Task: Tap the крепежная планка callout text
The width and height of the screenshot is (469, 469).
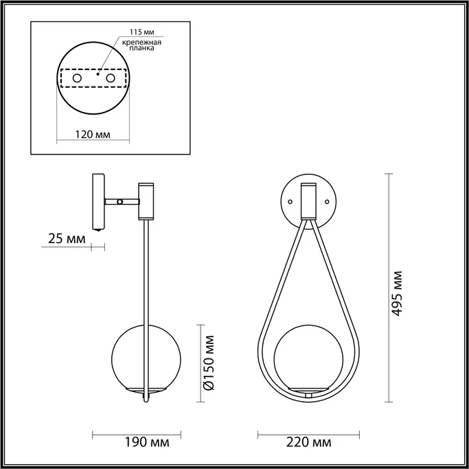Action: [142, 47]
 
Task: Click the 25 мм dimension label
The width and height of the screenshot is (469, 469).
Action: [67, 239]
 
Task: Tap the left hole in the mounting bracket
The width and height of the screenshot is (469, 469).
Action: [77, 80]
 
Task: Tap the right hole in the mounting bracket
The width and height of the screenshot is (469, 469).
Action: [109, 80]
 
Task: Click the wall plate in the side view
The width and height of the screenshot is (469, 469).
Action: [98, 202]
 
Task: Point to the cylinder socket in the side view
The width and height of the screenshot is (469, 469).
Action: [147, 201]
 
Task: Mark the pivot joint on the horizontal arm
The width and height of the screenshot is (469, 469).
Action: [121, 202]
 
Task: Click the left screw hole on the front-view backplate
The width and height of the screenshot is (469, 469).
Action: [290, 202]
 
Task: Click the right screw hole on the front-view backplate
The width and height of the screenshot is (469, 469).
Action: [328, 202]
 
